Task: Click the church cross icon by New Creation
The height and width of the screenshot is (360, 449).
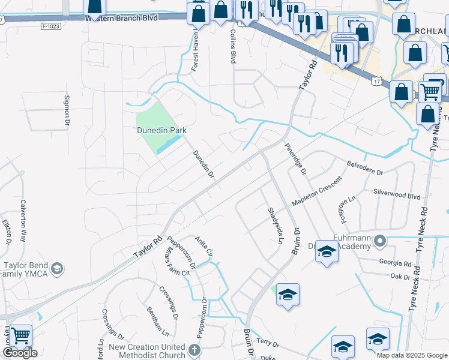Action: (x=194, y=349)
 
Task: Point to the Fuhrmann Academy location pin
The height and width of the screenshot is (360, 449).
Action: (x=379, y=241)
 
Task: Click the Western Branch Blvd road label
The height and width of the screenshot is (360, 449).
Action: (x=121, y=18)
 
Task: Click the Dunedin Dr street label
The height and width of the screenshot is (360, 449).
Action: (x=203, y=164)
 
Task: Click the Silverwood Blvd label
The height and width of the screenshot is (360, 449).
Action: (x=397, y=196)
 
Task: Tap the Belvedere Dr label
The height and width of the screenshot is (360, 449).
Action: (x=365, y=167)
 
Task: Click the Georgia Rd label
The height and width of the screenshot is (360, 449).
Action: (x=395, y=262)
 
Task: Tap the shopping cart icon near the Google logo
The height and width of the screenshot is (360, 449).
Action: (x=21, y=336)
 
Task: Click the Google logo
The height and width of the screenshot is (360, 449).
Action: (x=20, y=353)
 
